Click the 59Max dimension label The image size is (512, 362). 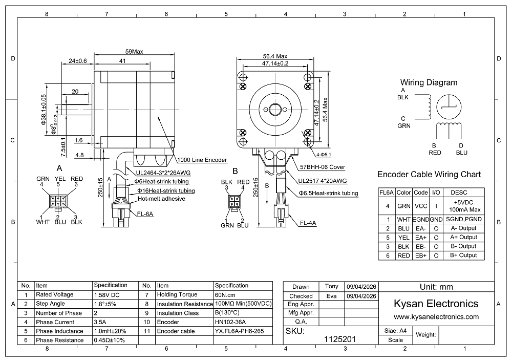(134, 52)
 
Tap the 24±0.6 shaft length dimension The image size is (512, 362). (78, 61)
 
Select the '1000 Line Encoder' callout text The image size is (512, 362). (202, 160)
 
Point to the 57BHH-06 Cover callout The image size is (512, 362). (323, 167)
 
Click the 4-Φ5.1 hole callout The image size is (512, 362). (324, 155)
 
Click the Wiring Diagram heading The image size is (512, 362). (429, 82)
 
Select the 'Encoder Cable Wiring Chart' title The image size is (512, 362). (429, 174)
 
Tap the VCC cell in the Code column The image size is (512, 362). (421, 206)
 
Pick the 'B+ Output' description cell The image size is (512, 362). (464, 255)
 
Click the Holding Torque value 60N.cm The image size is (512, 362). (225, 295)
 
